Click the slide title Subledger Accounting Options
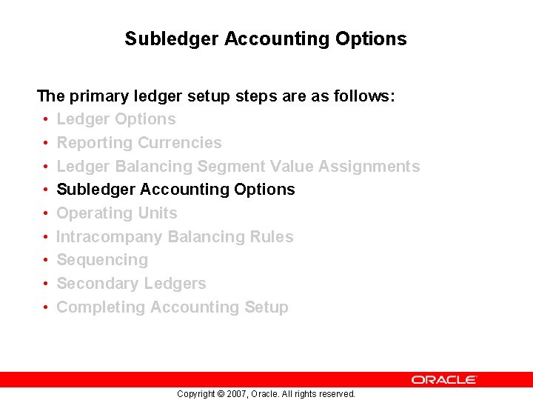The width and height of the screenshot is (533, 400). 266,39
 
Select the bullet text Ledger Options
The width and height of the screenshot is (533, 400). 116,119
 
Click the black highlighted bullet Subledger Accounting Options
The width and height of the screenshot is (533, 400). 175,190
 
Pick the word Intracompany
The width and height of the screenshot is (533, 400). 110,237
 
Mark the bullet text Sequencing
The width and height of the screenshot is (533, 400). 102,260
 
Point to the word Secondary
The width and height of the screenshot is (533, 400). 94,284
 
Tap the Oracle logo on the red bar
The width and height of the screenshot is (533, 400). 444,379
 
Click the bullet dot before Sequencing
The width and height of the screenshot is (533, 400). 46,261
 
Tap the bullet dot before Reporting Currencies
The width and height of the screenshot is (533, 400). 46,143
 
